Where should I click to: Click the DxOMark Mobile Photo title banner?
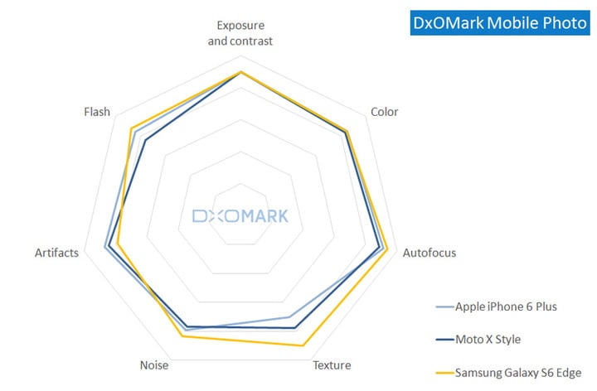500,23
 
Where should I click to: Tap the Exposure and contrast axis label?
240,32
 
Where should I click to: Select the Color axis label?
384,112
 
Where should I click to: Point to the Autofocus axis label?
429,253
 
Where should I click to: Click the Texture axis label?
331,365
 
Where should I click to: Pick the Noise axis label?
155,365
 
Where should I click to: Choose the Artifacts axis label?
57,253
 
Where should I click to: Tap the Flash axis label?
97,112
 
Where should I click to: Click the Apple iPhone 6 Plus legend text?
506,307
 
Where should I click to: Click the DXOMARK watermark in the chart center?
240,216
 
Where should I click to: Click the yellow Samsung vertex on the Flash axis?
131,128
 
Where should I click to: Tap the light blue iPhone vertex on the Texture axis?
289,316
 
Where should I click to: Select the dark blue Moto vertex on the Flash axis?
145,140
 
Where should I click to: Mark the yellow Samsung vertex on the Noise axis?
182,336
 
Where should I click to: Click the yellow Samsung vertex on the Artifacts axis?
118,244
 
